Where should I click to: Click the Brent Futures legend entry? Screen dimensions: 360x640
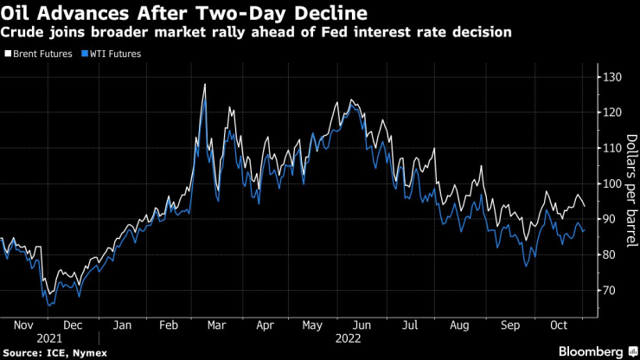35,54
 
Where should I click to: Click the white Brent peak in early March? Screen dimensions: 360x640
204,85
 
